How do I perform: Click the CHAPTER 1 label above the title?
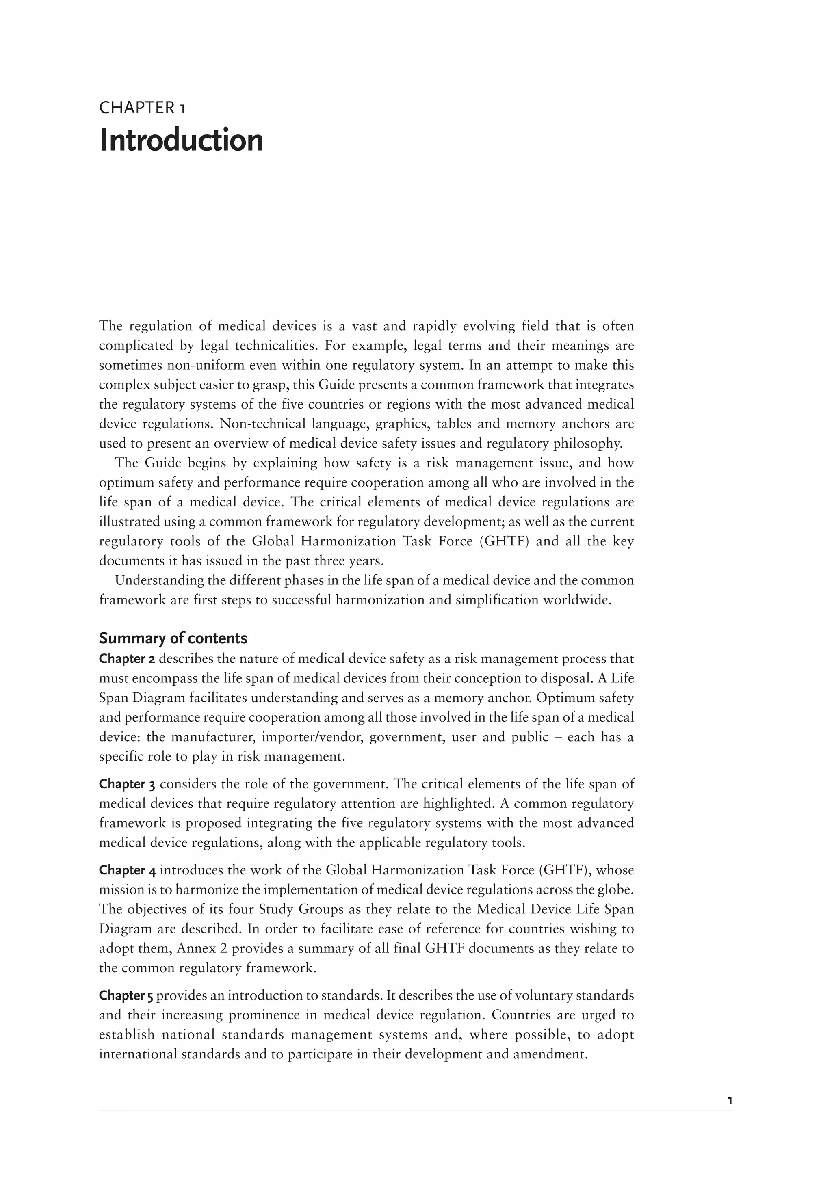coord(143,108)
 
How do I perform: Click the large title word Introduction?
coord(181,141)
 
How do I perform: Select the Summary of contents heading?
coord(173,638)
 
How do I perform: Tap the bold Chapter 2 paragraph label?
coord(127,659)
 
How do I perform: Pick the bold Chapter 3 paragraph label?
coord(127,784)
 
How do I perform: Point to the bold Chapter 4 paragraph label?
coord(127,870)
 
